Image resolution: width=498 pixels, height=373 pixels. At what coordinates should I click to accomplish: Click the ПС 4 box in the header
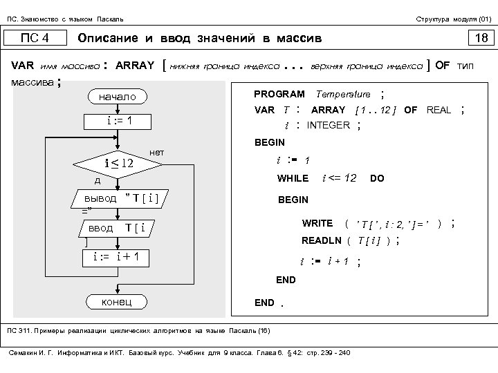[x=35, y=37]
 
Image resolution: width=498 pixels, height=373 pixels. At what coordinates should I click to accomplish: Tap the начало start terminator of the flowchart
[x=118, y=97]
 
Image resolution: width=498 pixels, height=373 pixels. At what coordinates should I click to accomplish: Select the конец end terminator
[x=118, y=302]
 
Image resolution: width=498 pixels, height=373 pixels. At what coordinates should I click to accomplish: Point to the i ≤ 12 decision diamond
[x=118, y=164]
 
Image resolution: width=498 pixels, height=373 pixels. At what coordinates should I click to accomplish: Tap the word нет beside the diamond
[x=156, y=151]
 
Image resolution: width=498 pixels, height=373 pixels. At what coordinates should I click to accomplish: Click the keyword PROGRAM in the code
[x=279, y=94]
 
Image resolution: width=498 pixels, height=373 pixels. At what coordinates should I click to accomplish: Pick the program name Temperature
[x=343, y=94]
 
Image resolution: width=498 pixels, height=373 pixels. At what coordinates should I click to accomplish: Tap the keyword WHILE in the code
[x=293, y=178]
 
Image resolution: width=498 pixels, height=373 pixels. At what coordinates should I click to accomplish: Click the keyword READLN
[x=322, y=240]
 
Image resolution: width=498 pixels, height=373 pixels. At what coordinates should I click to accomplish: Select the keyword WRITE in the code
[x=317, y=224]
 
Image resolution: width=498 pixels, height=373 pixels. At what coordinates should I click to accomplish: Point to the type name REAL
[x=439, y=110]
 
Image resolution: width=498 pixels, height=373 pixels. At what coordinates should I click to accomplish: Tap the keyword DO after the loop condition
[x=377, y=178]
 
